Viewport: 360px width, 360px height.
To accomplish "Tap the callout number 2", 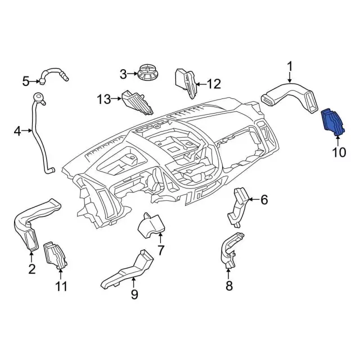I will point(32,269).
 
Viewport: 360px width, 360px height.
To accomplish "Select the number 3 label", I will point(123,74).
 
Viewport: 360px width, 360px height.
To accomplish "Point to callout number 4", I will point(17,131).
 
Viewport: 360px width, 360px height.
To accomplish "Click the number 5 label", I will point(25,82).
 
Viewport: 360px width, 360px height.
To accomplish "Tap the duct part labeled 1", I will point(290,95).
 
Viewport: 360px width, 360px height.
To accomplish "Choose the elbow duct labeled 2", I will point(31,222).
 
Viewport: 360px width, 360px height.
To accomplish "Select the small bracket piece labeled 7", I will point(150,226).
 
